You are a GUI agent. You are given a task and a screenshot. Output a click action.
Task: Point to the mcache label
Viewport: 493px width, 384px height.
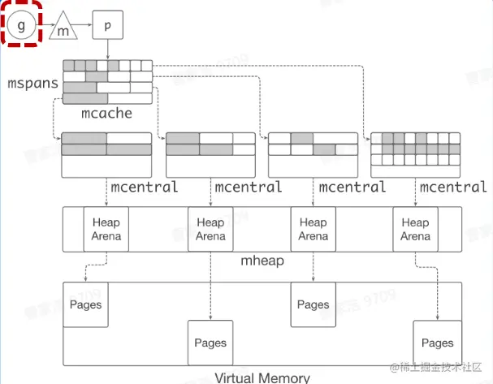106,114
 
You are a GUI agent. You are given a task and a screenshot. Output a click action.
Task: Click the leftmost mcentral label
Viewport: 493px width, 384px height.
144,188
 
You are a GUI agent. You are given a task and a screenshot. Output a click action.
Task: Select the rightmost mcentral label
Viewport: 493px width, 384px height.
453,188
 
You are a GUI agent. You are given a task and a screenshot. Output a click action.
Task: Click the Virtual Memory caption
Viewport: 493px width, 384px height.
262,378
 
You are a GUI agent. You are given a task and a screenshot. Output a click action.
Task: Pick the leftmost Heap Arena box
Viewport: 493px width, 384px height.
106,229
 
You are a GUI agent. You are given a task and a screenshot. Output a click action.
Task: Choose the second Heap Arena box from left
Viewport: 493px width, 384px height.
210,229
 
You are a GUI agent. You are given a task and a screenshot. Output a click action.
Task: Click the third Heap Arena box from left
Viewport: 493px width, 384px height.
313,229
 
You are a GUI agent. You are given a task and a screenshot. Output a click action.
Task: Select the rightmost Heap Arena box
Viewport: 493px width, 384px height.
415,229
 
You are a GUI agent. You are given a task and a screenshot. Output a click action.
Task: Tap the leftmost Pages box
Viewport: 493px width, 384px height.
85,305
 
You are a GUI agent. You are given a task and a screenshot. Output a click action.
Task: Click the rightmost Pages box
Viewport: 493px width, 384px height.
437,343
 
